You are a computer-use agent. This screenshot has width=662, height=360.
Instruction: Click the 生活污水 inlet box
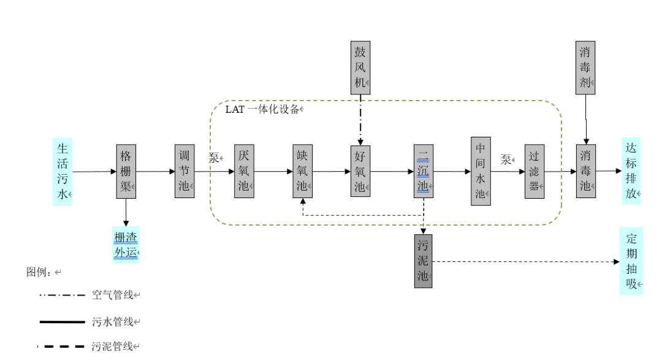(x=63, y=172)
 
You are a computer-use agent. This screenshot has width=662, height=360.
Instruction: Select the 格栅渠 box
(x=126, y=171)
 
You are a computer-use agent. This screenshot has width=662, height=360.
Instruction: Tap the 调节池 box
(x=184, y=171)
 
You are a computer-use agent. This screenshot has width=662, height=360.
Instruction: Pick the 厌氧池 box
(x=244, y=171)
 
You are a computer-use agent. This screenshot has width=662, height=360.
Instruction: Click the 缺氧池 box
(x=302, y=171)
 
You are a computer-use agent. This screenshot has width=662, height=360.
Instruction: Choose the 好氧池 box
(x=360, y=171)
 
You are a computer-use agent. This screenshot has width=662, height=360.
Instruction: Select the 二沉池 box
(x=423, y=171)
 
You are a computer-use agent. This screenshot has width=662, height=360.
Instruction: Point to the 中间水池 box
(x=481, y=171)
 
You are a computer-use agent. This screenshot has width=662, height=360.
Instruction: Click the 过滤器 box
(x=534, y=171)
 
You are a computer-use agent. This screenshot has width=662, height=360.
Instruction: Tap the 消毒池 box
(x=586, y=171)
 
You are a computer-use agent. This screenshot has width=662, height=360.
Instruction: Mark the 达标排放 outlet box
(x=631, y=171)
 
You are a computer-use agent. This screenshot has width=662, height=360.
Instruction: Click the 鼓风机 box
(x=360, y=67)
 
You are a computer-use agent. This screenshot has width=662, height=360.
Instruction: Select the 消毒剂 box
(x=586, y=67)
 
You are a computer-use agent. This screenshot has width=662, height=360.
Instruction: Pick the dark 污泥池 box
(x=423, y=261)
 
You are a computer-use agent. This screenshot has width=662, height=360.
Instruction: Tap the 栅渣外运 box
(x=126, y=245)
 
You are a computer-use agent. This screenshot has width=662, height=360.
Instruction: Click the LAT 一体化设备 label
(x=263, y=110)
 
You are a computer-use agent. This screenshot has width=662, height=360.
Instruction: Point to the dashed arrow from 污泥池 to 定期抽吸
(x=527, y=262)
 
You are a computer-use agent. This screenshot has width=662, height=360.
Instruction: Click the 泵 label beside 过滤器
(x=506, y=160)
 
